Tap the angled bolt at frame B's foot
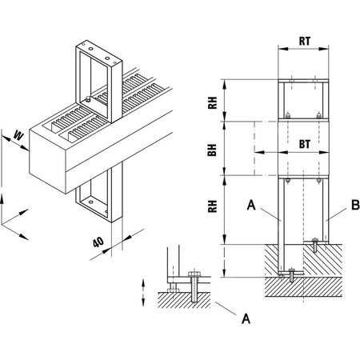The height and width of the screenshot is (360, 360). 318,246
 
